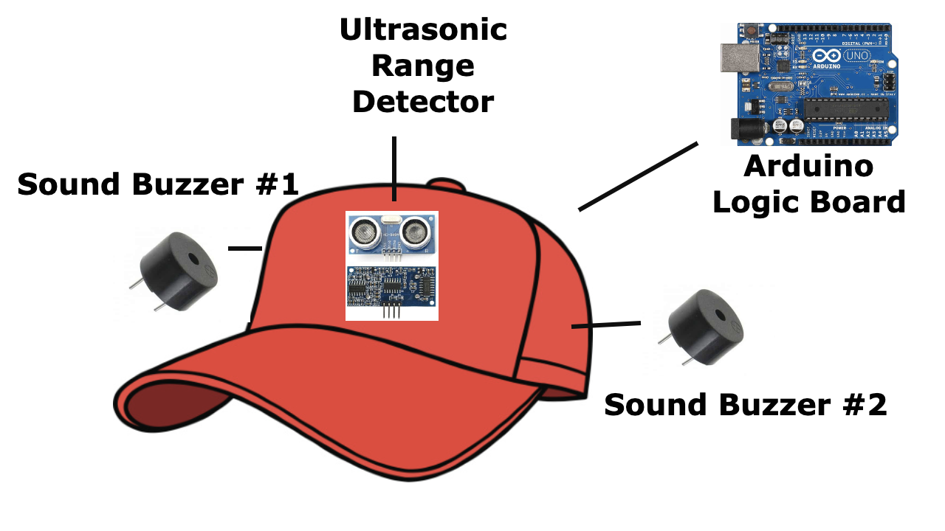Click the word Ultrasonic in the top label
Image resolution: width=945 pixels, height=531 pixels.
423,30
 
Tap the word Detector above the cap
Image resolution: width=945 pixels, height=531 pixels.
423,102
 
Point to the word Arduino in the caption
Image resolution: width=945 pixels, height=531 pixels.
808,167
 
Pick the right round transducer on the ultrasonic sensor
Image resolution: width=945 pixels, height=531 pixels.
418,232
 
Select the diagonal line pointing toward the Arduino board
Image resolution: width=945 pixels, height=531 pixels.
638,177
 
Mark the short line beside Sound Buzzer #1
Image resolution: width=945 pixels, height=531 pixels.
245,249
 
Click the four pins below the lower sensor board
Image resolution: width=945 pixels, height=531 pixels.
391,311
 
